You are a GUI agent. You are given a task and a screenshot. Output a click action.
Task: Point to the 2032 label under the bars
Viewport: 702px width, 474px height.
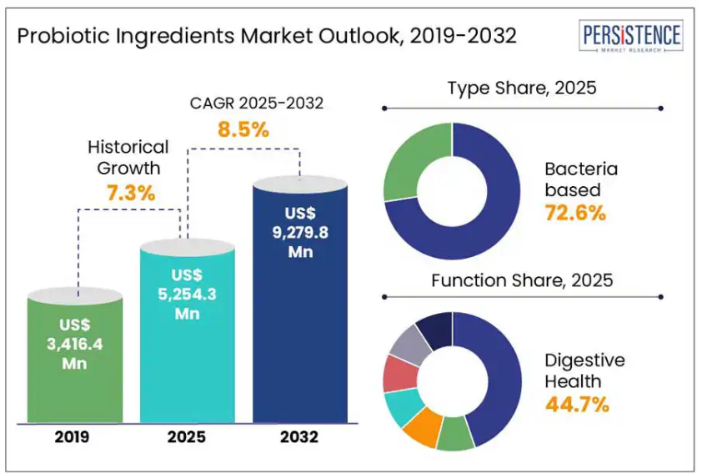(299, 436)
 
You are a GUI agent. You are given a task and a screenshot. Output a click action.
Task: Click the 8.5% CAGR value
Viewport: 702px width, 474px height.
(243, 129)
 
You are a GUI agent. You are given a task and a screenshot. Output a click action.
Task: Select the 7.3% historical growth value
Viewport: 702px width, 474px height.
(131, 193)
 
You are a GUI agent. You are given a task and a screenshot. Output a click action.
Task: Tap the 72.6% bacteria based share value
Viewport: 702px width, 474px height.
(575, 213)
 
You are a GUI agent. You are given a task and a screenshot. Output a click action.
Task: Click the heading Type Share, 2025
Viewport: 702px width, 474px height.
(522, 88)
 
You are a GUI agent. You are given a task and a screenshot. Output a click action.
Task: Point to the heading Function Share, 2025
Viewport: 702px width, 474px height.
(522, 280)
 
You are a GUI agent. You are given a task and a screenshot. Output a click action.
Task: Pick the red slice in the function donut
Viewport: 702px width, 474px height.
(396, 373)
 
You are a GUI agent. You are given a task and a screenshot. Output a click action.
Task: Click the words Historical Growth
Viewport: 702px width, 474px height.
(128, 157)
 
